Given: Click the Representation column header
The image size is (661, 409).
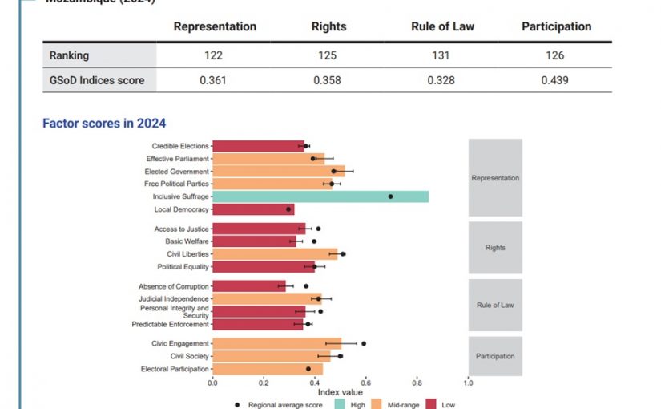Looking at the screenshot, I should (x=215, y=26).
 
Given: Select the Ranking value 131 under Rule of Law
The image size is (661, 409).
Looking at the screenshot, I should (x=442, y=55).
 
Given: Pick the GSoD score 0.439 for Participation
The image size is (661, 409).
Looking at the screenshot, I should (x=555, y=80).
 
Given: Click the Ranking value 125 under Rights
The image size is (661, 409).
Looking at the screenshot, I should (x=328, y=55).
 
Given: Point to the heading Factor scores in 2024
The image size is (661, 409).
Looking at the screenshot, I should (x=103, y=123).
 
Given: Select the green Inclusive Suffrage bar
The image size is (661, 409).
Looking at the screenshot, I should (x=320, y=196).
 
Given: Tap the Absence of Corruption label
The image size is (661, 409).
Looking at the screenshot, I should (x=173, y=286).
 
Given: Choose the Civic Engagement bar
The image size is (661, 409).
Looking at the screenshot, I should (x=276, y=343).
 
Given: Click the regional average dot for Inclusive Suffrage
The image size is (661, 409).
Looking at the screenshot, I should (x=390, y=196).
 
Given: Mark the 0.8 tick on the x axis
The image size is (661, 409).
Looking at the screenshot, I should (x=417, y=383).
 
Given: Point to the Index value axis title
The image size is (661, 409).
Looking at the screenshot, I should (x=340, y=392).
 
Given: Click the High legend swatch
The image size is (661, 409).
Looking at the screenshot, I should (x=338, y=404).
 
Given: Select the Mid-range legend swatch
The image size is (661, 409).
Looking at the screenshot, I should (x=381, y=404).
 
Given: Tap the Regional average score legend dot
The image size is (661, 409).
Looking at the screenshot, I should (x=238, y=404).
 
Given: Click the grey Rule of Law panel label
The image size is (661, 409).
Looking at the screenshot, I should (x=495, y=305).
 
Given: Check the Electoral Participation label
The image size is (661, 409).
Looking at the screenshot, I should (x=174, y=369).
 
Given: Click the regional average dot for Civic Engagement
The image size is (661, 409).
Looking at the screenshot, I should (x=364, y=343).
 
